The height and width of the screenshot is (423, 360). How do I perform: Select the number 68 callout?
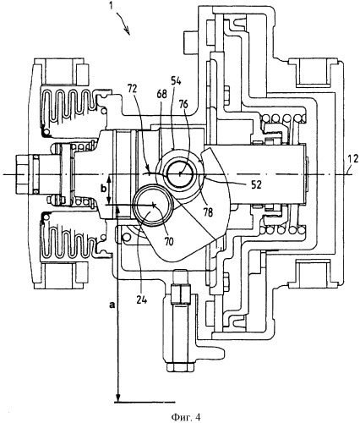pyautogui.click(x=163, y=94)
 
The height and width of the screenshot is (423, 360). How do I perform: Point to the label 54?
pyautogui.click(x=177, y=82)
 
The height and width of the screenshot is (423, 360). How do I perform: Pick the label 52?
pyautogui.click(x=256, y=184)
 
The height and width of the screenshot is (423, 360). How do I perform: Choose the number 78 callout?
pyautogui.click(x=208, y=212)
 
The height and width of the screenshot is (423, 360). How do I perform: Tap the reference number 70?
pyautogui.click(x=168, y=241)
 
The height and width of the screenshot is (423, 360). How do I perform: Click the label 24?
pyautogui.click(x=141, y=299)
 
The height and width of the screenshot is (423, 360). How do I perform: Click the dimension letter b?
pyautogui.click(x=104, y=189)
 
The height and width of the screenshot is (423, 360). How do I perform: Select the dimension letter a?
pyautogui.click(x=112, y=305)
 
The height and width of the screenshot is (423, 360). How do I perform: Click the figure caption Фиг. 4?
pyautogui.click(x=186, y=417)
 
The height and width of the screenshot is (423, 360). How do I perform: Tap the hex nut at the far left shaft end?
pyautogui.click(x=25, y=174)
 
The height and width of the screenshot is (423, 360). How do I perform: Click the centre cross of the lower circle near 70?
pyautogui.click(x=153, y=205)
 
